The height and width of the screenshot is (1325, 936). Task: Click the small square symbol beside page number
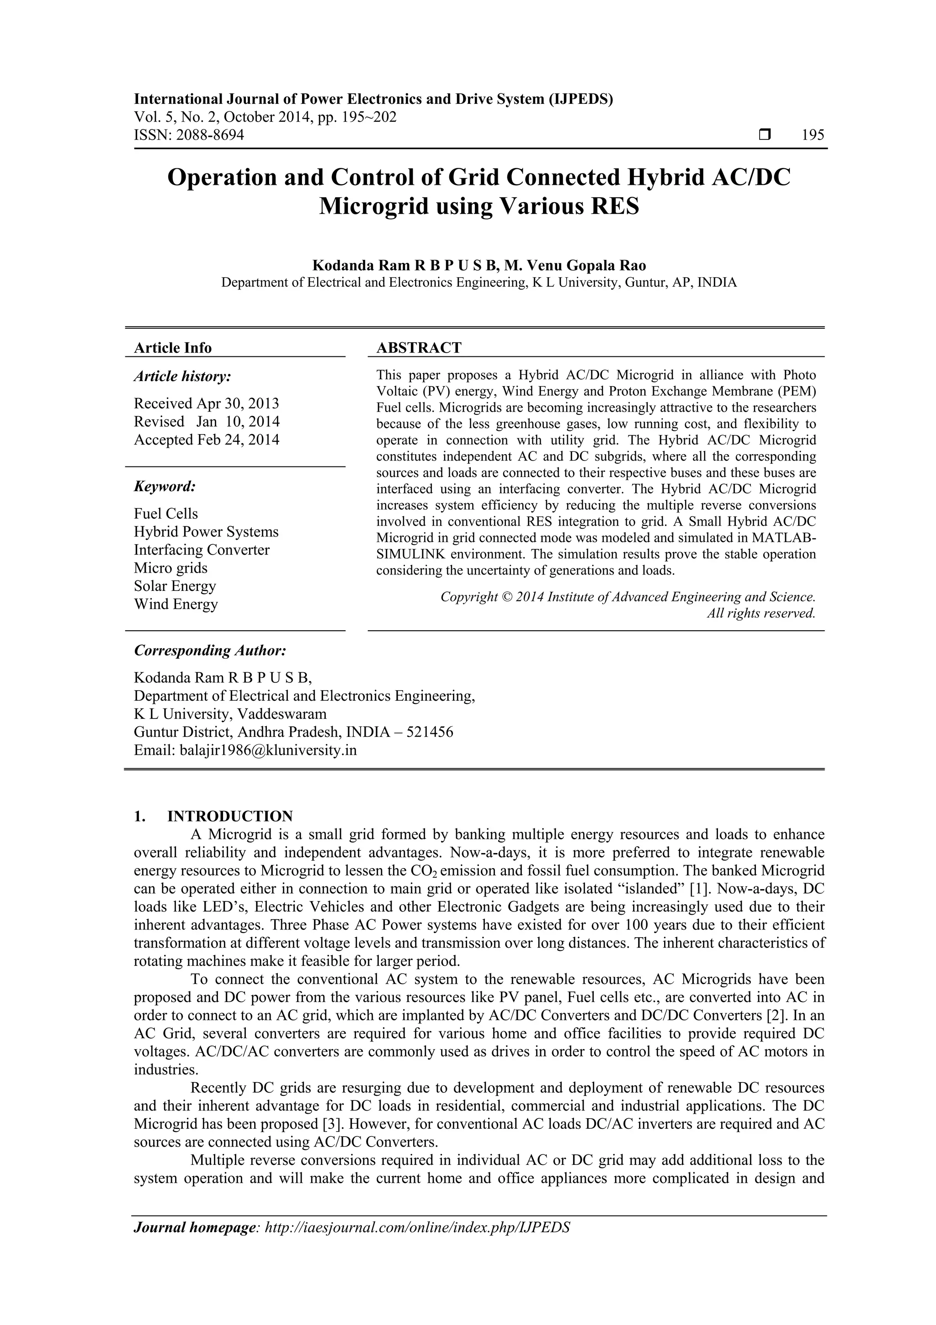point(765,135)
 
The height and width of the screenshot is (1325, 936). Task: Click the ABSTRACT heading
point(419,348)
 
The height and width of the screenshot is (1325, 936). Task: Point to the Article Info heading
point(172,348)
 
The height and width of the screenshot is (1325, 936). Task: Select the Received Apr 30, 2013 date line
point(207,403)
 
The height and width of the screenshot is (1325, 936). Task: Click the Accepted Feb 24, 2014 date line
point(207,440)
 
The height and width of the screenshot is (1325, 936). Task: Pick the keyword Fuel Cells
point(165,514)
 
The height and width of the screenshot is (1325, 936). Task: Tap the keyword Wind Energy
point(176,604)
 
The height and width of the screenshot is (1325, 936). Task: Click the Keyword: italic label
point(165,487)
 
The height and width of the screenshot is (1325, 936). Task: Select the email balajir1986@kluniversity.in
point(268,750)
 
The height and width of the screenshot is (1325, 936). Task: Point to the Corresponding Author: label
point(210,650)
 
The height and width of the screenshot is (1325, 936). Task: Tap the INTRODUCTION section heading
point(229,816)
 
